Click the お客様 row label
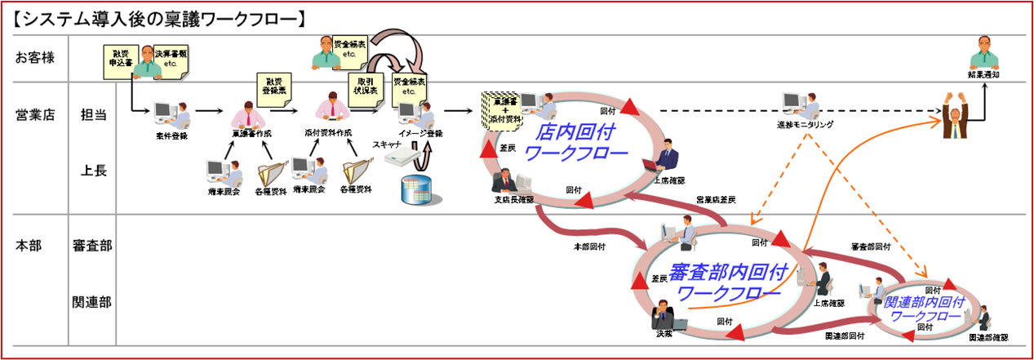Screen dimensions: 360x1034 click(34, 57)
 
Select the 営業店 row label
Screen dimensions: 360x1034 click(34, 115)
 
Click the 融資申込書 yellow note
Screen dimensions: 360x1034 click(118, 60)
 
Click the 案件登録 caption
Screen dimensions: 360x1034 click(171, 136)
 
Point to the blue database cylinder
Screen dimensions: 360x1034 click(415, 191)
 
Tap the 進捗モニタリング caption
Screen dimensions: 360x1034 click(805, 125)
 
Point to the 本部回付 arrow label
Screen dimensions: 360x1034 click(589, 245)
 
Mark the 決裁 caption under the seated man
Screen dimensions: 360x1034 click(663, 333)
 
